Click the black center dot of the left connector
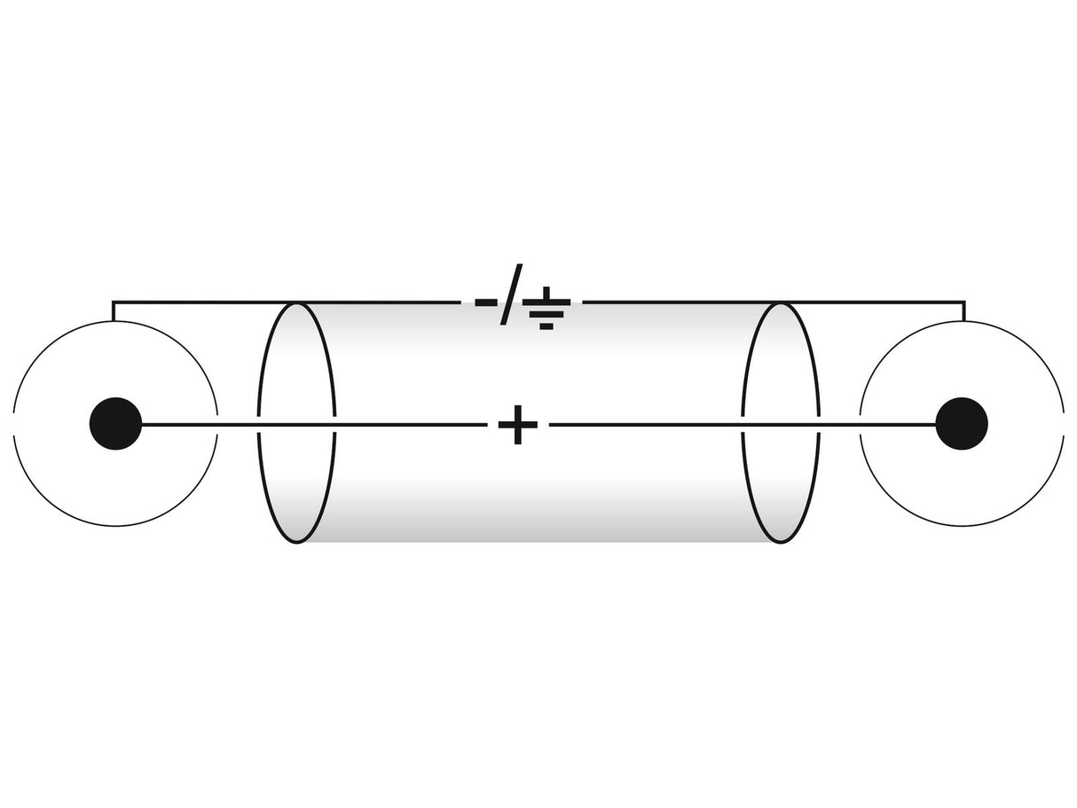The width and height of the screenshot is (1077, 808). [115, 423]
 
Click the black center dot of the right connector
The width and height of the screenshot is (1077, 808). [962, 423]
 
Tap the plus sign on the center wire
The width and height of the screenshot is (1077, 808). [517, 424]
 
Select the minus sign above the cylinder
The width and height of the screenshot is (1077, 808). [486, 302]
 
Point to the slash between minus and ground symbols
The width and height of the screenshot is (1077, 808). [511, 294]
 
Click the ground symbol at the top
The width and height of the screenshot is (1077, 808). [546, 308]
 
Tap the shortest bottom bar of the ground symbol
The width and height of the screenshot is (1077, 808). [546, 326]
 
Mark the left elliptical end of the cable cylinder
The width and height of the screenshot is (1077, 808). [258, 423]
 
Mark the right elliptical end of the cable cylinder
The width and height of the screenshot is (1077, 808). [820, 423]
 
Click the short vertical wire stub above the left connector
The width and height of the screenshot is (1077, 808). [113, 311]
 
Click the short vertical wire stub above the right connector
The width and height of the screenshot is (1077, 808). [964, 311]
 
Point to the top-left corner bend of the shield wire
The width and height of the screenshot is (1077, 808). [113, 302]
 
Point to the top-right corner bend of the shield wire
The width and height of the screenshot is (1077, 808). [964, 302]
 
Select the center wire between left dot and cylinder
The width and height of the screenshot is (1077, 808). [200, 424]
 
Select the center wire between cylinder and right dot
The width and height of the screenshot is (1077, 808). [877, 424]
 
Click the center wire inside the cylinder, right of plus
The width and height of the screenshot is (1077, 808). [645, 424]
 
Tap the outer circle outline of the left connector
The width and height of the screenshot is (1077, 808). [115, 322]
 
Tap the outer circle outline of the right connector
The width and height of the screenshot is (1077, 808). [962, 322]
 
